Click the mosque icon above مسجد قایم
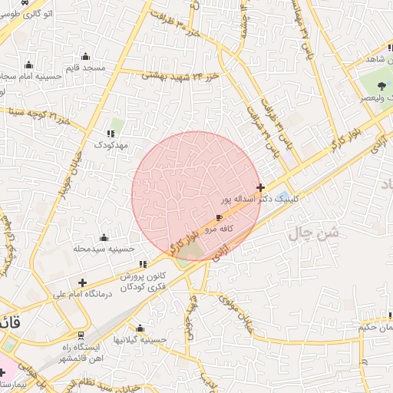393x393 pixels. (x=85, y=56)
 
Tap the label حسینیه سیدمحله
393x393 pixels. (x=104, y=249)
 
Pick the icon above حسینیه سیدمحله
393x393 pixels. (x=104, y=237)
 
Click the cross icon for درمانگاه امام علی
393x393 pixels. (x=82, y=282)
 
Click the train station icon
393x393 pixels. (x=81, y=335)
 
